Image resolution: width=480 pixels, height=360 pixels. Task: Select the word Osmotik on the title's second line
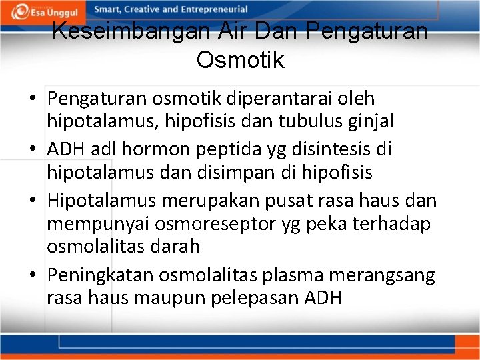(240, 60)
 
